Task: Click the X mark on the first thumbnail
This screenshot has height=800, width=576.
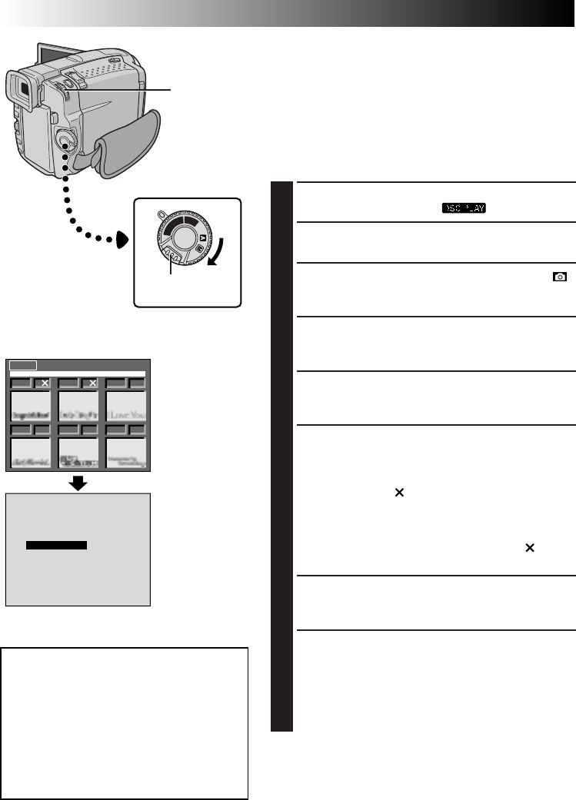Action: (x=45, y=383)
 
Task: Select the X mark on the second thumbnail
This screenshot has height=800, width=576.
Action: (x=92, y=383)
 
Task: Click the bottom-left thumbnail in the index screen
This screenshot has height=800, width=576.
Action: (x=31, y=453)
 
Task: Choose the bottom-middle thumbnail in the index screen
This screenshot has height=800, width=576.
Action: (x=78, y=453)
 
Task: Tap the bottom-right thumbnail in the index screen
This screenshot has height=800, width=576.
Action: (x=125, y=453)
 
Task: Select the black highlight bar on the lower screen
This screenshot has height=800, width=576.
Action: (x=56, y=545)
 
